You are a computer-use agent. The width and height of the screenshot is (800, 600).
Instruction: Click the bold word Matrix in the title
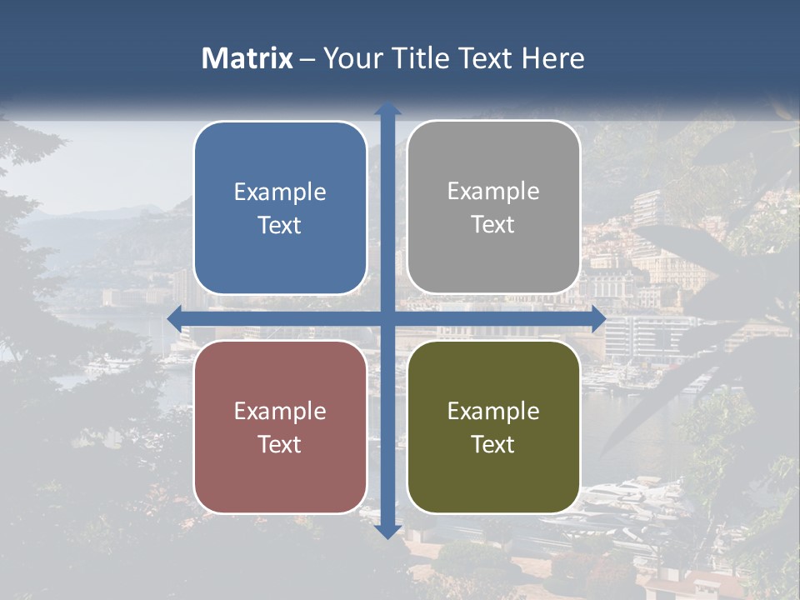coord(247,58)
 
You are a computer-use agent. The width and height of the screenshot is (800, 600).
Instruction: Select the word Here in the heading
coord(553,58)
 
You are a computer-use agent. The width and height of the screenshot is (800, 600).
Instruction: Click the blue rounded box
coord(280,207)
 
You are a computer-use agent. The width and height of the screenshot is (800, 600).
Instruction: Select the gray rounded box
coord(493,207)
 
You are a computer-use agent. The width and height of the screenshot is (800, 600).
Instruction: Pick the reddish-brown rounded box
coord(280,427)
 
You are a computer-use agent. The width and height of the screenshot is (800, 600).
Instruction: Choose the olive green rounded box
coord(493,427)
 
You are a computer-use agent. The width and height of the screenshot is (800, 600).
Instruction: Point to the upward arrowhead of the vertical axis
coord(387,108)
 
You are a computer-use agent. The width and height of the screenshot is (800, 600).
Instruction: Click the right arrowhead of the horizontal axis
coord(598,318)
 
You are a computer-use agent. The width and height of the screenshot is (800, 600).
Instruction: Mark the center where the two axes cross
coord(387,318)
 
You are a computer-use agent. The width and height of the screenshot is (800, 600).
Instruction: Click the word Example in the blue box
coord(280,192)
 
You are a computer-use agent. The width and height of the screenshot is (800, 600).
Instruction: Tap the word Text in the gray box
coord(493,225)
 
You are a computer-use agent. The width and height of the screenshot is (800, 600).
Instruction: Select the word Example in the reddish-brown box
coord(280,412)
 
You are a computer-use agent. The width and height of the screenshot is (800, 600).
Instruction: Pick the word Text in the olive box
coord(493,444)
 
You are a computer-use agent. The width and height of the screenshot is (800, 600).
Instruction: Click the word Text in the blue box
coord(280,226)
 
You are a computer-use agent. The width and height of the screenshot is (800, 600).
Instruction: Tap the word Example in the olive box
coord(493,412)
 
